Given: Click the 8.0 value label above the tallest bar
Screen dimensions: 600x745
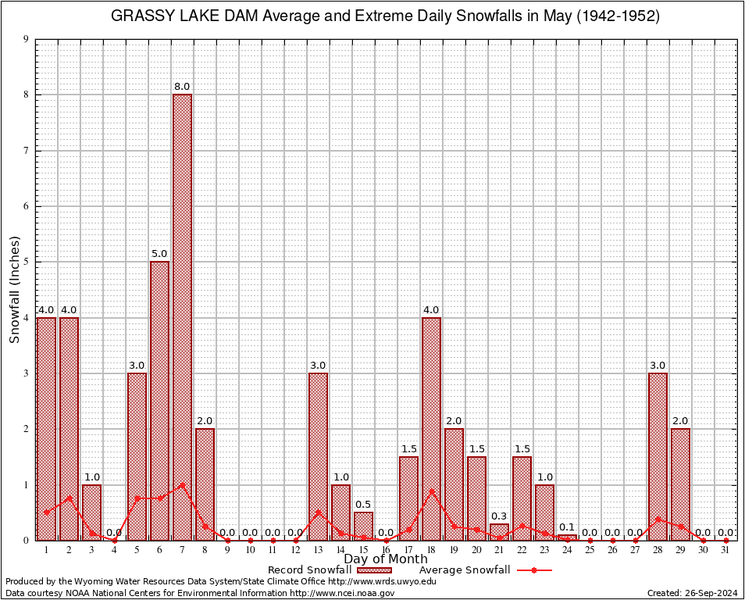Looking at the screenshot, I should [182, 87].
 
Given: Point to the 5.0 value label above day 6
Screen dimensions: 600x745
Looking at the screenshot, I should [159, 254].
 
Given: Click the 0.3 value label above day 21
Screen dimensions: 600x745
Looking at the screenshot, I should [499, 516].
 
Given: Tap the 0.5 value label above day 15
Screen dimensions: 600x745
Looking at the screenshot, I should [363, 504].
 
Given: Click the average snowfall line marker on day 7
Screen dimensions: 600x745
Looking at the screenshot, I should [182, 484].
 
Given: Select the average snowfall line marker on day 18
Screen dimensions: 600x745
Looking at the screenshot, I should [431, 491].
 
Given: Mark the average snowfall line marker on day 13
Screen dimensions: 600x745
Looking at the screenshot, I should [318, 512].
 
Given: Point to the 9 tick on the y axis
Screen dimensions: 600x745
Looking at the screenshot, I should [26, 39].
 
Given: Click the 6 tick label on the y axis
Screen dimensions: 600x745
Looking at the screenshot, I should [26, 206].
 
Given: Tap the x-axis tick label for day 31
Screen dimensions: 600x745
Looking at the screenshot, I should [725, 550].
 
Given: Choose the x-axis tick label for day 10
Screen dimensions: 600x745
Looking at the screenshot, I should [250, 550].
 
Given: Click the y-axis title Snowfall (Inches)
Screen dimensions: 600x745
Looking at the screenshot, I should [15, 290].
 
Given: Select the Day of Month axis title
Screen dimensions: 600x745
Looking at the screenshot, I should [386, 559].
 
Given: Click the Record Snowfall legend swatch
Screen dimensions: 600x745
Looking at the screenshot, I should [374, 570].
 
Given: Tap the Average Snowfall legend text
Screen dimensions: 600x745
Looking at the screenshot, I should [465, 570].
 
